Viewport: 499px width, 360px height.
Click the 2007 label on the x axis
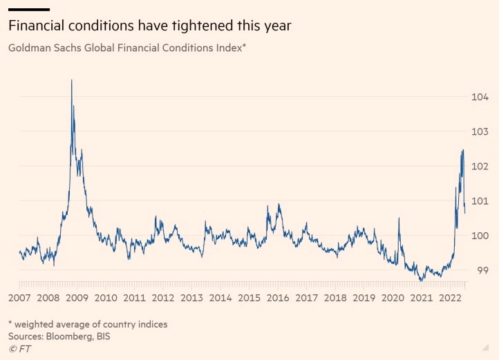click(19, 298)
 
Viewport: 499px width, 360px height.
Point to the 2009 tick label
click(76, 298)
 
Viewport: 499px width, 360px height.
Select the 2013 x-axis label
click(191, 298)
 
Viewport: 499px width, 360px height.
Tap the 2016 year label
click(278, 298)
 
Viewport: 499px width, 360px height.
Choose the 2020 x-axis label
click(393, 298)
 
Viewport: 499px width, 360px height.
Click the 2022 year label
click(450, 298)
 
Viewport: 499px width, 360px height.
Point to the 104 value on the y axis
click(480, 97)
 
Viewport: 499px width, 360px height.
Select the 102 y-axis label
click(480, 167)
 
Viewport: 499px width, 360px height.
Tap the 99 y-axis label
click(483, 270)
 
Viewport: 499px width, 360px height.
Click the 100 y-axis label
click(480, 236)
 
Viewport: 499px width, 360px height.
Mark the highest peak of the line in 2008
click(71, 80)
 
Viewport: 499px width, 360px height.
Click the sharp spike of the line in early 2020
click(399, 218)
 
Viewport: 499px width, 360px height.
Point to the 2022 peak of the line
click(462, 150)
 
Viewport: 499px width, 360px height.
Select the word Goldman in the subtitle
click(30, 48)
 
